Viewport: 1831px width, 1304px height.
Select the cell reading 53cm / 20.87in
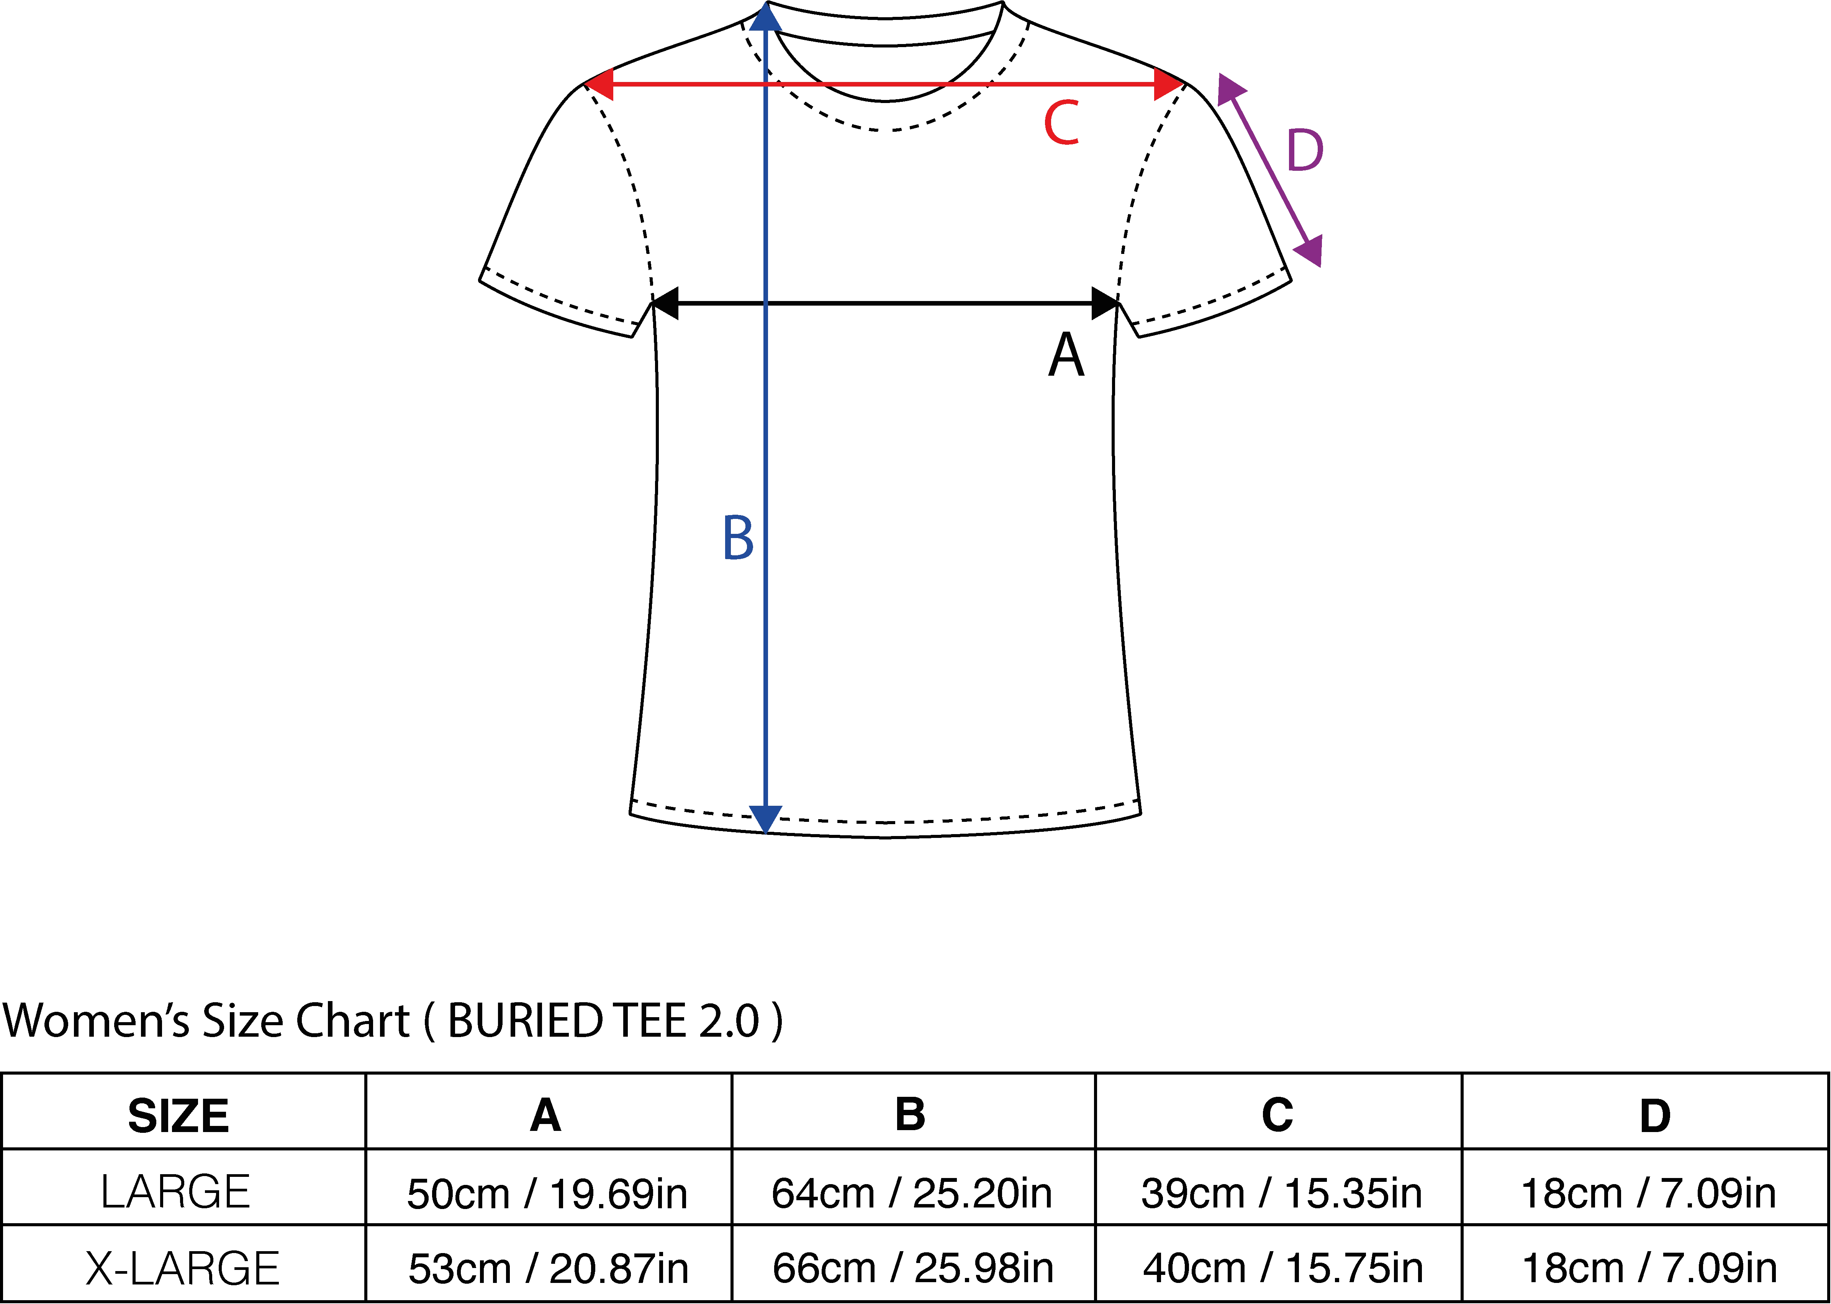(x=549, y=1269)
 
